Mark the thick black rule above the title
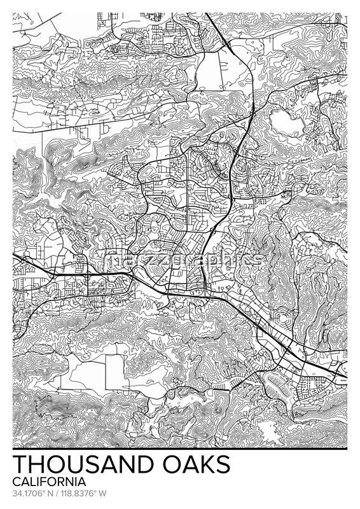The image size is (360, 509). point(180,449)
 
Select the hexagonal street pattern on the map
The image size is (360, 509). point(284,317)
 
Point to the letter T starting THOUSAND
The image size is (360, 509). point(19,464)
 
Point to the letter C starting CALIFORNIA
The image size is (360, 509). point(16,482)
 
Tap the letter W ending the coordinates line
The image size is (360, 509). point(103,493)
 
